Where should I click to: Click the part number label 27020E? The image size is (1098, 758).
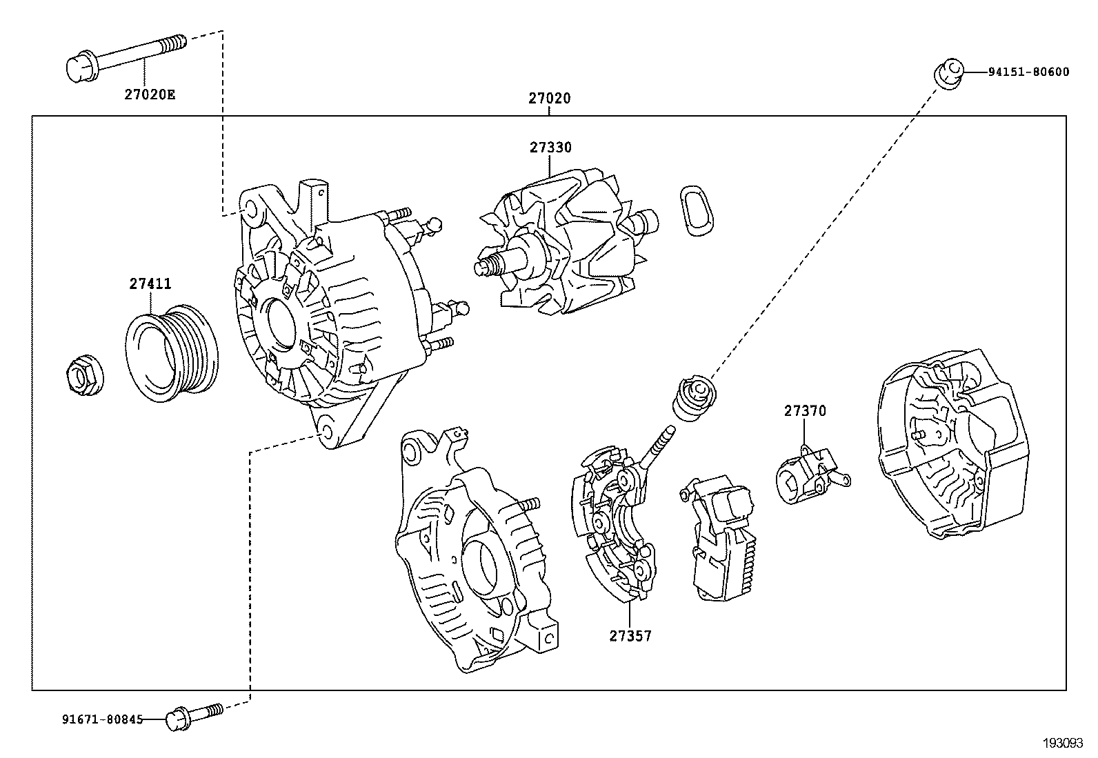pos(150,94)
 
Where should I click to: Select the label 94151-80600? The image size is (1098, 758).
pos(1028,72)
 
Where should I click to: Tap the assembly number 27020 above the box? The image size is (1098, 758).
pos(550,99)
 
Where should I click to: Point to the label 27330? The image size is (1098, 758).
pos(550,148)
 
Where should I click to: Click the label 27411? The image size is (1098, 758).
pos(150,283)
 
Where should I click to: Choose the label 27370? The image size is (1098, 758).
pos(804,411)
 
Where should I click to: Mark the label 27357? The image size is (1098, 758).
pos(630,636)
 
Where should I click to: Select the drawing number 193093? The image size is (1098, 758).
pos(1062,744)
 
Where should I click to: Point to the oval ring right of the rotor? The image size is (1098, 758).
pos(697,210)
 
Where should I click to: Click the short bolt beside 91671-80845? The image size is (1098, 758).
pos(193,715)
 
